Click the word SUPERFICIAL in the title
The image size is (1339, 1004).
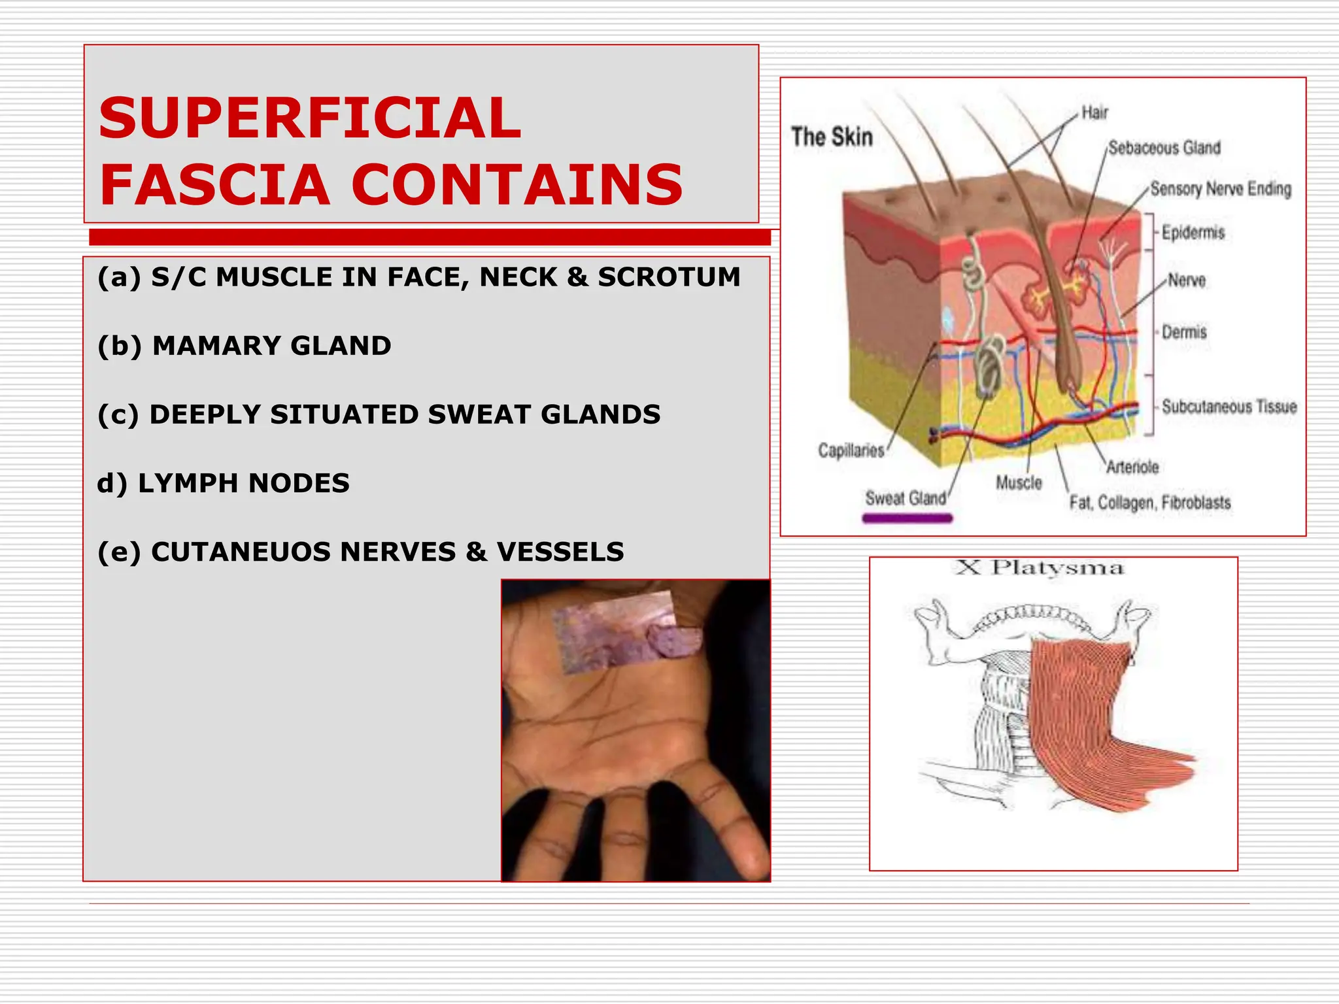(x=309, y=118)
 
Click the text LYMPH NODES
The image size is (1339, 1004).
(x=243, y=483)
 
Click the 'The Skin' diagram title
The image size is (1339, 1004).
(x=832, y=137)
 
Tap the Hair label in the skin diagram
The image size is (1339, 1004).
(x=1094, y=113)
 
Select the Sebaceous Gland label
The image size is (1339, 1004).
(x=1164, y=148)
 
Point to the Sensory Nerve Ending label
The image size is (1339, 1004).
(x=1221, y=189)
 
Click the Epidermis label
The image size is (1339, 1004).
(x=1193, y=232)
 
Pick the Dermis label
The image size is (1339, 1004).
(x=1184, y=332)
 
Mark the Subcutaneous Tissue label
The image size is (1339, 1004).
(x=1229, y=407)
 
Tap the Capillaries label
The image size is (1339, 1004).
(x=851, y=450)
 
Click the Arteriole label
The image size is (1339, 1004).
(x=1132, y=467)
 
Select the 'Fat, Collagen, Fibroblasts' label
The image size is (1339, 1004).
(x=1150, y=502)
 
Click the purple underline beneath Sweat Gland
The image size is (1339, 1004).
(x=907, y=518)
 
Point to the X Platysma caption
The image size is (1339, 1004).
(x=1040, y=567)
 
